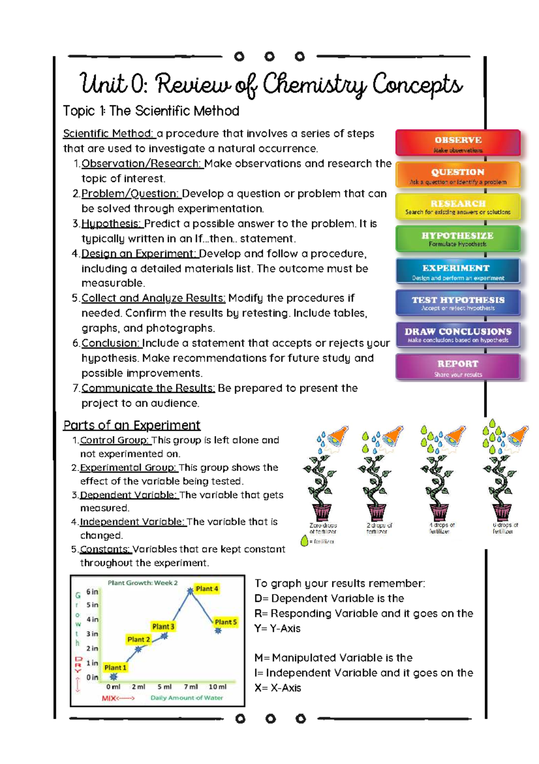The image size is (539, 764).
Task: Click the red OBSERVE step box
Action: (x=458, y=143)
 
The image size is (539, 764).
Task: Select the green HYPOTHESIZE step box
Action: (x=458, y=239)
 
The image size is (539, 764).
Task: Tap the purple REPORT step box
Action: (x=458, y=367)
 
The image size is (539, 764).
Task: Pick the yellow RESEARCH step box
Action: (x=458, y=207)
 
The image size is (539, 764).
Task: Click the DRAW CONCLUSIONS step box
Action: (x=458, y=334)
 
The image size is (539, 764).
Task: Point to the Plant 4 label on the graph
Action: (x=207, y=589)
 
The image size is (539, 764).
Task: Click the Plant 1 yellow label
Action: (x=115, y=667)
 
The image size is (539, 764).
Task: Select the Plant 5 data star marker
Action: (x=218, y=631)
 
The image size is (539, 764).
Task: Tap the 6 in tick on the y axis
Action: (x=92, y=592)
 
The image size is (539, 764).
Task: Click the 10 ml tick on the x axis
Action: (x=218, y=687)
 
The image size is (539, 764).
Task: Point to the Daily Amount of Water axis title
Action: (x=186, y=698)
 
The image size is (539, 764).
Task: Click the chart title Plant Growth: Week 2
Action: (x=142, y=583)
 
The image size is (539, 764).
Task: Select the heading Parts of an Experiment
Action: (x=132, y=425)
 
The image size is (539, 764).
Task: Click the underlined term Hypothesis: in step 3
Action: (x=112, y=224)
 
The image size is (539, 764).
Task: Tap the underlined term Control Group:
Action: (x=115, y=440)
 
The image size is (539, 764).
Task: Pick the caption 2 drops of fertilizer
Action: (x=379, y=528)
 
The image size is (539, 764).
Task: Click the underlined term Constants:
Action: (x=106, y=549)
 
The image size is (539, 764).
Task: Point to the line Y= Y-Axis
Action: (x=277, y=628)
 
